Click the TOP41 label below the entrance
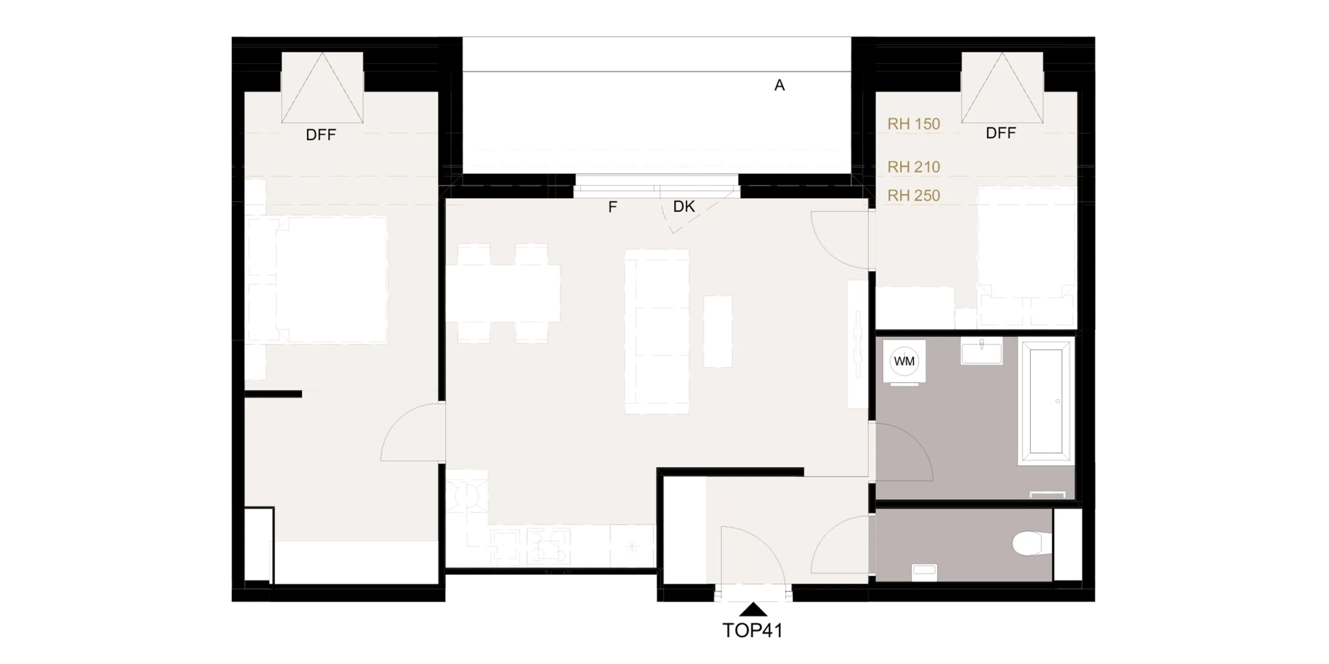coord(752,630)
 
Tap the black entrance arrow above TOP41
coord(753,610)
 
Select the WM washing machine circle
coord(904,361)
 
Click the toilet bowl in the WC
coord(1027,543)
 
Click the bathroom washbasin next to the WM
coord(981,351)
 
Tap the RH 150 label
coord(914,124)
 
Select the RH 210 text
coord(914,167)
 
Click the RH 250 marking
coord(914,196)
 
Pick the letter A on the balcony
coord(779,86)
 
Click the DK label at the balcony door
coord(684,206)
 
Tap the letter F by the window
coord(613,208)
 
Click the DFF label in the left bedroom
coord(321,135)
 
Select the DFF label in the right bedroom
coord(1001,133)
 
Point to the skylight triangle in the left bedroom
coord(322,88)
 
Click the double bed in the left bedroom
coord(318,280)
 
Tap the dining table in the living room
coord(503,293)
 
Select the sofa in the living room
coord(657,331)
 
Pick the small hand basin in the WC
coord(924,572)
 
